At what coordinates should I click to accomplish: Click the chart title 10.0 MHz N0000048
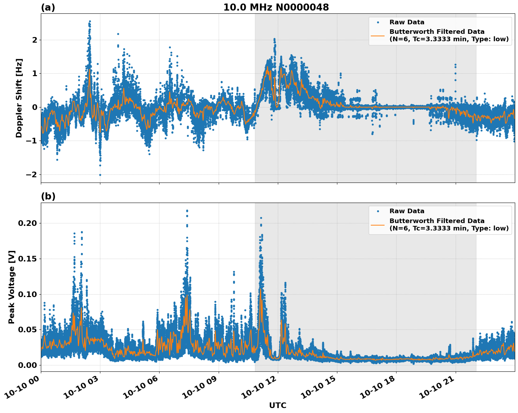pyautogui.click(x=276, y=7)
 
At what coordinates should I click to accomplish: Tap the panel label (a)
pyautogui.click(x=48, y=7)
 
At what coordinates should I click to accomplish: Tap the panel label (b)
pyautogui.click(x=48, y=196)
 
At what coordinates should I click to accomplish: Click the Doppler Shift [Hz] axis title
pyautogui.click(x=19, y=98)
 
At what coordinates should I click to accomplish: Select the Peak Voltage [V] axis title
pyautogui.click(x=12, y=287)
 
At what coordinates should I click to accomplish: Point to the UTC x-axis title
pyautogui.click(x=277, y=405)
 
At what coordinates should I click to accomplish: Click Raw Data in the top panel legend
pyautogui.click(x=407, y=22)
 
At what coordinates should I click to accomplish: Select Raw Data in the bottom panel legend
pyautogui.click(x=407, y=211)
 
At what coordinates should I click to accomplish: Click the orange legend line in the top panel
pyautogui.click(x=378, y=35)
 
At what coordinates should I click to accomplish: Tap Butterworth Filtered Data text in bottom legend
pyautogui.click(x=437, y=221)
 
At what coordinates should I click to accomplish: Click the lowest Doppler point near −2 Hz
pyautogui.click(x=100, y=175)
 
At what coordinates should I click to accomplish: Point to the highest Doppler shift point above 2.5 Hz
pyautogui.click(x=90, y=21)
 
